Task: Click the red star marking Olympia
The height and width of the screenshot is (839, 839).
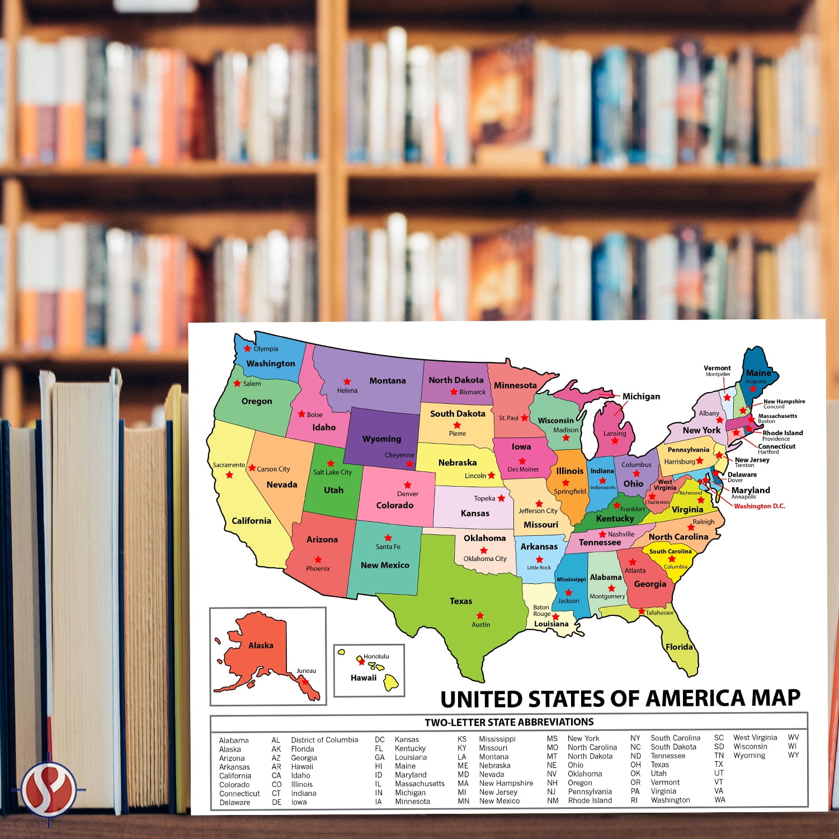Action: [x=247, y=348]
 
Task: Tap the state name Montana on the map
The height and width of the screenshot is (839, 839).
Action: [x=388, y=381]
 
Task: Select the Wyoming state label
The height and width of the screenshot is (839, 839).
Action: [x=381, y=439]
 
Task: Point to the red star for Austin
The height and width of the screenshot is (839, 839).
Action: [x=480, y=615]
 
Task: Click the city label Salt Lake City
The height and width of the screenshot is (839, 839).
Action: [x=332, y=472]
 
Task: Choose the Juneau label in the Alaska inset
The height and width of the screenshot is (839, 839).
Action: [x=306, y=671]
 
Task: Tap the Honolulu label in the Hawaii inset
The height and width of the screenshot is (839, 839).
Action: [x=376, y=656]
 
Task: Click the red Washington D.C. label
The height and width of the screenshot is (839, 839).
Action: [x=759, y=506]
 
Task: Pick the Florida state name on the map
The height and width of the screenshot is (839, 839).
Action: [x=679, y=647]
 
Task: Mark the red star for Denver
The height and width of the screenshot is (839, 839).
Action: [x=408, y=485]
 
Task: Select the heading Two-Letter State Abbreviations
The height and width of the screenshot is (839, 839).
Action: [x=509, y=722]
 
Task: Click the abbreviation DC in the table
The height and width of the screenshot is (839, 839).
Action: [x=380, y=739]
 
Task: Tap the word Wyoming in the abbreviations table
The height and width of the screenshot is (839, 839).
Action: [x=749, y=756]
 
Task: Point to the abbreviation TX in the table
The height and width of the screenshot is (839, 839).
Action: [x=719, y=764]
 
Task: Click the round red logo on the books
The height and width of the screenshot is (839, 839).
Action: [x=49, y=789]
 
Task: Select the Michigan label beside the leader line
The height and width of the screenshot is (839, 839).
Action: [x=641, y=397]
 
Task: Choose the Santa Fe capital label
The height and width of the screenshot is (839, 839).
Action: [x=388, y=546]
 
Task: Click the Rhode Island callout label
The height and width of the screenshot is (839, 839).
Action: [x=783, y=433]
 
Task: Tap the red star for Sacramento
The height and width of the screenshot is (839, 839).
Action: [x=229, y=475]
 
